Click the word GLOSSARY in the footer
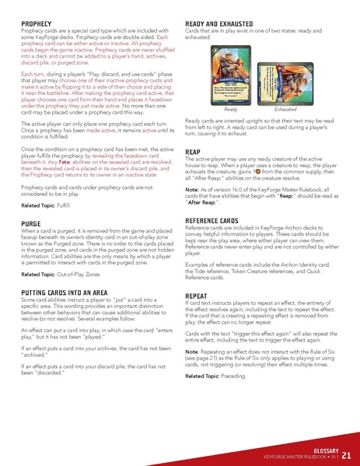322,449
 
